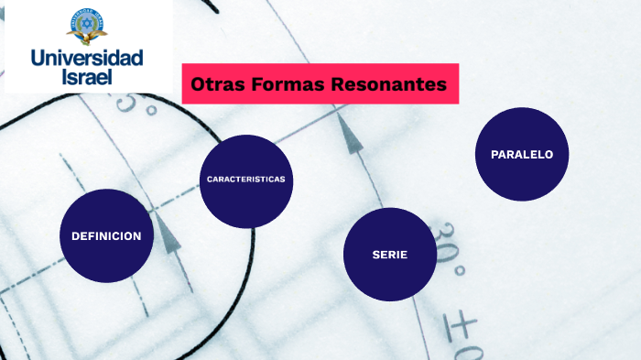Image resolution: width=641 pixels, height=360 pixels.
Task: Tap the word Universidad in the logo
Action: [x=87, y=59]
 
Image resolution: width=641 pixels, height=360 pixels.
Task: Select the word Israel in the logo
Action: [x=87, y=77]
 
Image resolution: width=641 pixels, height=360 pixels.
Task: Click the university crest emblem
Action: [x=87, y=26]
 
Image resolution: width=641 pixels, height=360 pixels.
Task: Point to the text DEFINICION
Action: [x=106, y=236]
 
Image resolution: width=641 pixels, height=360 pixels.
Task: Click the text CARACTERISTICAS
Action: [x=245, y=179]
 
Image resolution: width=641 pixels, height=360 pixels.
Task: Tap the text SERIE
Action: [x=389, y=255]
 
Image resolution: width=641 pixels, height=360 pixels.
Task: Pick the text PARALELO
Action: [x=522, y=155]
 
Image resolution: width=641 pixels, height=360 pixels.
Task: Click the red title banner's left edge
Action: [x=184, y=84]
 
